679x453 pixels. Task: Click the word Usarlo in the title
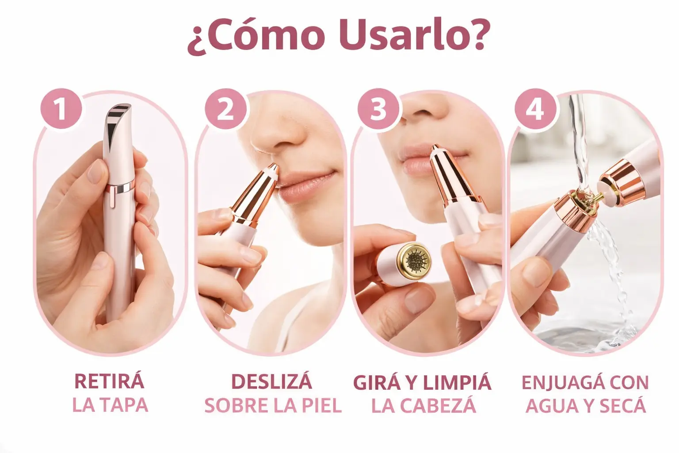click(414, 35)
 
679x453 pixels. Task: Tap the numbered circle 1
click(61, 108)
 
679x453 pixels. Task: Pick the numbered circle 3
click(378, 109)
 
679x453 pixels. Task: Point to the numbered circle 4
click(535, 109)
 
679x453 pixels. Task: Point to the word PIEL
click(322, 405)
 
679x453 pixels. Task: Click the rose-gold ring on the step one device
click(121, 186)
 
